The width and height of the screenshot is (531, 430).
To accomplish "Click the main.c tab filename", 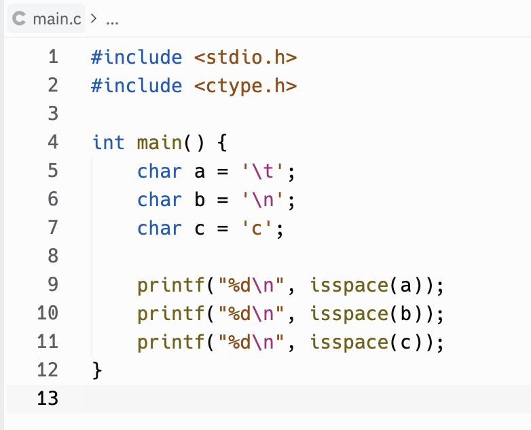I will point(57,19).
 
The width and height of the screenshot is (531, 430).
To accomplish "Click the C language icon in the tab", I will point(20,19).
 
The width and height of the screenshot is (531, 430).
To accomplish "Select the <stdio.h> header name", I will point(246,57).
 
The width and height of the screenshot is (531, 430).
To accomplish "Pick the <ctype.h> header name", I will point(246,85).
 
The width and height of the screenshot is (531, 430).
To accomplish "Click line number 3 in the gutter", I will point(53,114).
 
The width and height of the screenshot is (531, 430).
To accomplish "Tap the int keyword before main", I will point(109,142).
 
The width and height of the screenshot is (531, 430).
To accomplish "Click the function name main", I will point(160,142).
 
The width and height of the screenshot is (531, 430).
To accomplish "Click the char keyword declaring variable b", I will point(160,199).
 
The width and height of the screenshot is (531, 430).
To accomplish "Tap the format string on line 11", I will point(253,342).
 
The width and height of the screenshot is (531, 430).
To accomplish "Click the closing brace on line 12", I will point(96,370).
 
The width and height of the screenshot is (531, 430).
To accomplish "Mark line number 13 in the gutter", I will point(48,398).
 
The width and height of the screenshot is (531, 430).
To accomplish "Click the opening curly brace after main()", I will point(223,142).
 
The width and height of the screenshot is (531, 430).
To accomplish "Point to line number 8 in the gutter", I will point(53,256).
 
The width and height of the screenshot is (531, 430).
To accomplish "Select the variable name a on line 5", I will point(200,171).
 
